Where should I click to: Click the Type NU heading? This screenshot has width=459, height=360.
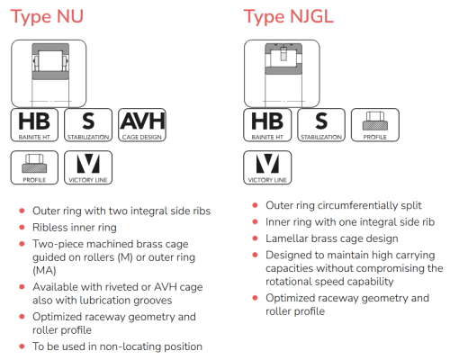click(x=47, y=16)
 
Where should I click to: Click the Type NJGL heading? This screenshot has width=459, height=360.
click(x=288, y=16)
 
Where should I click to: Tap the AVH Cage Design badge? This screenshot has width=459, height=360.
click(x=142, y=125)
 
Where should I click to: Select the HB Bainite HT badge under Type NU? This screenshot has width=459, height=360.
click(x=34, y=125)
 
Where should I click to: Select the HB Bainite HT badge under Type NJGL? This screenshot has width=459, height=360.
click(x=267, y=125)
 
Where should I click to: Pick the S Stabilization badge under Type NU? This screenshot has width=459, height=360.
click(x=88, y=125)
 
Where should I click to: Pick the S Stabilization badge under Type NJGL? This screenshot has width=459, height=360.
click(x=321, y=125)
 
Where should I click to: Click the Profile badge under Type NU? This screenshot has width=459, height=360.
click(x=34, y=167)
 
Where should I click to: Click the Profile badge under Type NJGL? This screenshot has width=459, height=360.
click(x=375, y=125)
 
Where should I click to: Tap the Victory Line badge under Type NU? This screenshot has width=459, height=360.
click(x=88, y=167)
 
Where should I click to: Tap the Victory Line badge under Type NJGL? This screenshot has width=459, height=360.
click(x=267, y=167)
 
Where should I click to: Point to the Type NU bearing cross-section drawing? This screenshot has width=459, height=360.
click(x=49, y=74)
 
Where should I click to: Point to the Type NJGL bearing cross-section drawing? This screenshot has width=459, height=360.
click(x=282, y=74)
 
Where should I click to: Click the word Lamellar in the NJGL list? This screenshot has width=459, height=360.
click(x=287, y=238)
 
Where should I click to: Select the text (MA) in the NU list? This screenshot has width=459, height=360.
click(x=44, y=271)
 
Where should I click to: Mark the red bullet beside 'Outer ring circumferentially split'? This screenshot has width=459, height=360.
click(x=255, y=205)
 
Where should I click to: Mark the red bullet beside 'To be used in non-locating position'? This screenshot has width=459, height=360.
click(x=22, y=346)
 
